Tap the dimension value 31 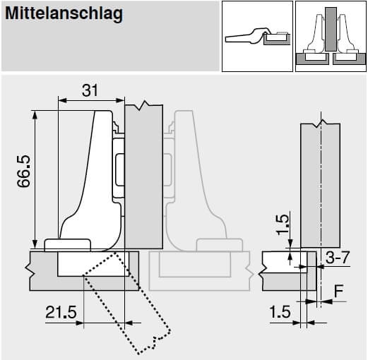click(89, 90)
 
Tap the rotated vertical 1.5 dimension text click(283, 224)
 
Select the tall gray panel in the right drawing click(319, 184)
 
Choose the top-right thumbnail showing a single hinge click(256, 36)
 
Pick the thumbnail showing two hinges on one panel click(330, 36)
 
